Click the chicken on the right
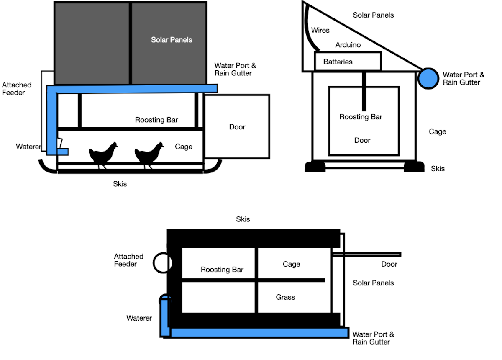click(149, 154)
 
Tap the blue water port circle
click(427, 78)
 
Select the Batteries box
click(348, 62)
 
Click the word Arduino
click(348, 45)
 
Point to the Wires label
click(320, 30)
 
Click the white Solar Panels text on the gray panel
click(172, 40)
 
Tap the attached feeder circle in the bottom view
click(162, 263)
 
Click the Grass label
click(285, 297)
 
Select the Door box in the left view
click(237, 126)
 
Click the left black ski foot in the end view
click(315, 167)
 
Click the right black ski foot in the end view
click(414, 167)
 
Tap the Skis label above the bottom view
click(243, 219)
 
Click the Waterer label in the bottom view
click(139, 319)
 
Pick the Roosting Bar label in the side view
click(156, 120)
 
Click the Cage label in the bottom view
click(291, 264)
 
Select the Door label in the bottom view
click(389, 264)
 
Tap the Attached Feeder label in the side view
click(17, 89)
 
